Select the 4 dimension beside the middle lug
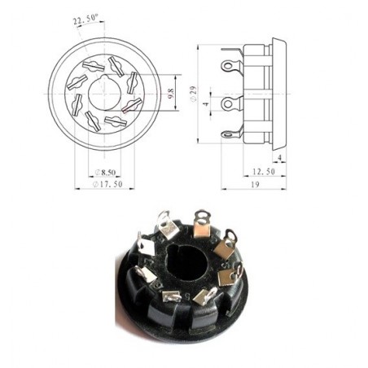point(208,103)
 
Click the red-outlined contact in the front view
point(131,105)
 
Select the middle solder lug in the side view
point(231,103)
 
